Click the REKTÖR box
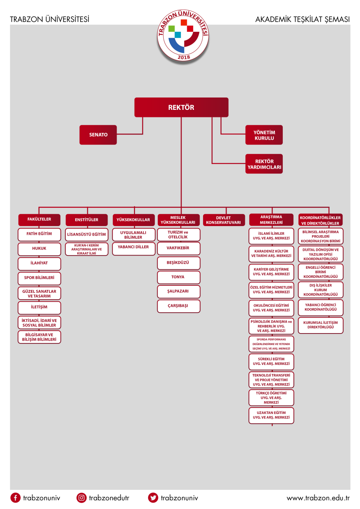click(181, 107)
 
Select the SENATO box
click(98, 135)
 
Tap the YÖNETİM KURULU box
click(264, 135)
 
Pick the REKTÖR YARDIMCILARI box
click(264, 164)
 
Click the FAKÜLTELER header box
click(39, 220)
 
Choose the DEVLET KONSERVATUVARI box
click(224, 220)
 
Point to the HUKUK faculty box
click(39, 249)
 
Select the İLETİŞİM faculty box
click(39, 308)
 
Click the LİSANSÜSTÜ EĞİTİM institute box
click(87, 234)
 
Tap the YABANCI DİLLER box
click(134, 249)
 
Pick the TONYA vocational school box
click(179, 277)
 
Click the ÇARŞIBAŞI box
click(179, 306)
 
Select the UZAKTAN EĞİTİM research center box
click(271, 415)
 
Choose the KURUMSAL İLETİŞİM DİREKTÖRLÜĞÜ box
click(321, 326)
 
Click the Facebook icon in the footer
click(16, 498)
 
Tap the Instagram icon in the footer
click(81, 498)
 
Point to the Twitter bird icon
click(153, 498)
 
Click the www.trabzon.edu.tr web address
click(318, 498)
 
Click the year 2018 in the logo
click(184, 57)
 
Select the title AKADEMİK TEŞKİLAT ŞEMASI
click(303, 20)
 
